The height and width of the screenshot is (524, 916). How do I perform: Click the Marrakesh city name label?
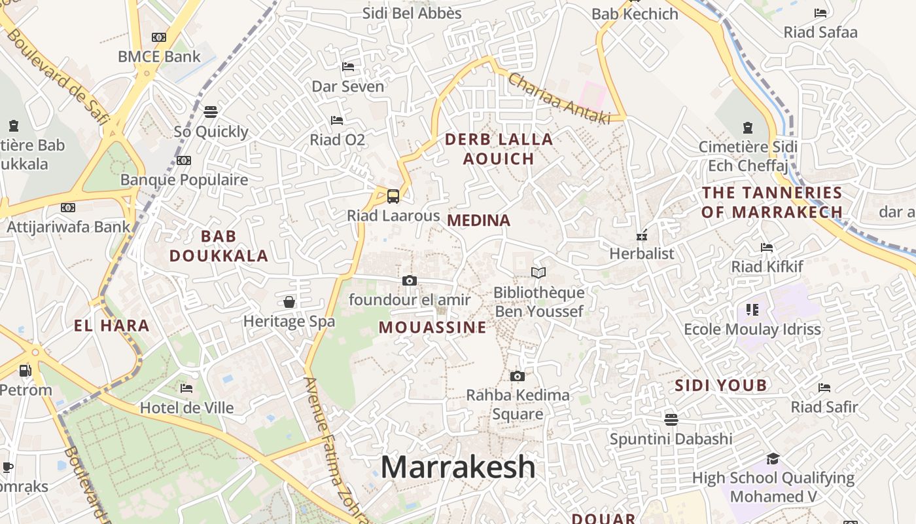coord(458,467)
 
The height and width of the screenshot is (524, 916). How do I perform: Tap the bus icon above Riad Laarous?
coord(393,196)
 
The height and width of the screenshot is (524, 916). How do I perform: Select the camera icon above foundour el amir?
coord(410,281)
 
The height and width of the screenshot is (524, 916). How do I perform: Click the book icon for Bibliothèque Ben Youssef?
coord(538,272)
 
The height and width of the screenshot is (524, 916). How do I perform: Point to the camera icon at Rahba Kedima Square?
coord(518,376)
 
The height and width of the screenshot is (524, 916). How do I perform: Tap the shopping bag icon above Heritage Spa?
coord(289,302)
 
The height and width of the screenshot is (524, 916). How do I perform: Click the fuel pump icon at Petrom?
coord(25,371)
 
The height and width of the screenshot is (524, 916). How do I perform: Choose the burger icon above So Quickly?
coord(210,112)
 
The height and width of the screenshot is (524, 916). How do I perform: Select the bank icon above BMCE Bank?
coord(159,37)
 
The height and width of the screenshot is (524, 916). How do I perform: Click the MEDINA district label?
coord(478,221)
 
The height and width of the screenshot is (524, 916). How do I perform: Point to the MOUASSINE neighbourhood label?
coord(432,327)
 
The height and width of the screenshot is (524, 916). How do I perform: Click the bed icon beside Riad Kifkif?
coord(767,248)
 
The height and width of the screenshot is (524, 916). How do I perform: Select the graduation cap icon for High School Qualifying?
coord(773,458)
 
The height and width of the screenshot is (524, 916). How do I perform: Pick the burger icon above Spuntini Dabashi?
coord(671,419)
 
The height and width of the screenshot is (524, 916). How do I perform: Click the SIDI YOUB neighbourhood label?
coord(720,385)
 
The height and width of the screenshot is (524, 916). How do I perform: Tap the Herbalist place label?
coord(641,253)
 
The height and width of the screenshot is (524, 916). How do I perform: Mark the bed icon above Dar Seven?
coord(348,67)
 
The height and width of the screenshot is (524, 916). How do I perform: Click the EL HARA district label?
coord(112,326)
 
